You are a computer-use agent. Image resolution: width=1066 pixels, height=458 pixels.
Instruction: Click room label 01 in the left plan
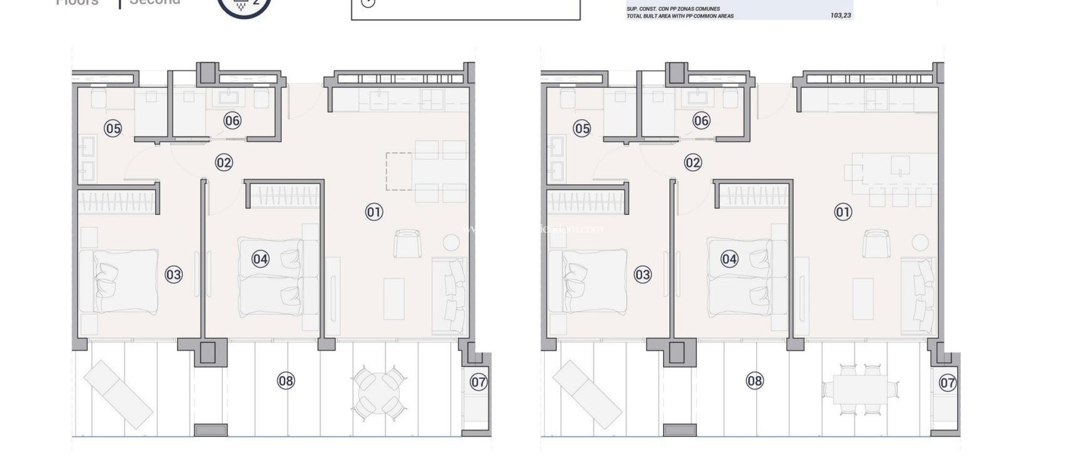[x=374, y=212]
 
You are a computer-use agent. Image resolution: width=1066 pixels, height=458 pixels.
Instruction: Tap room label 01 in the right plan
[x=843, y=212]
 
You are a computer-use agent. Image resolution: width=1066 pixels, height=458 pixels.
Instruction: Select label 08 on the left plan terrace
[x=286, y=381]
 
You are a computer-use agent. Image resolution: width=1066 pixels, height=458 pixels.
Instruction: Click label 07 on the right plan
[x=947, y=383]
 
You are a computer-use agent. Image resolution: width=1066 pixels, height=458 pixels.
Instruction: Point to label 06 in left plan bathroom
[x=232, y=121]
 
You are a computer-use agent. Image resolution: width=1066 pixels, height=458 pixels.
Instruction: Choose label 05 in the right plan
[x=582, y=128]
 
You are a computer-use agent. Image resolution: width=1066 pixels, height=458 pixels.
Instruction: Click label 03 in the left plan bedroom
[x=173, y=274]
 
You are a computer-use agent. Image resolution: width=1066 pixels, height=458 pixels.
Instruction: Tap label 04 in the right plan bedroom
[x=729, y=259]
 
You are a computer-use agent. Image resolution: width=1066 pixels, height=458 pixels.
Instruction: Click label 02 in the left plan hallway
[x=224, y=162]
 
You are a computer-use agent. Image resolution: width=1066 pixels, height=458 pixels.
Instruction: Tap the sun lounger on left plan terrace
[x=118, y=395]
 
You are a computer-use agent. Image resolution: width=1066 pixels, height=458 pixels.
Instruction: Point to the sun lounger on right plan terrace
[x=587, y=395]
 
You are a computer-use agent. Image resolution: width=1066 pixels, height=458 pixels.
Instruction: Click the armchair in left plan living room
[x=407, y=244]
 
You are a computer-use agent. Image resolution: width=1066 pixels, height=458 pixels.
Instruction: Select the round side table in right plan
[x=920, y=242]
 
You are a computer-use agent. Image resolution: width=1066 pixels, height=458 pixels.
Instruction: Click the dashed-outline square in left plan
[x=399, y=171]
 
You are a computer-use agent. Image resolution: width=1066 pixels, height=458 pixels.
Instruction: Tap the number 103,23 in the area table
[x=841, y=16]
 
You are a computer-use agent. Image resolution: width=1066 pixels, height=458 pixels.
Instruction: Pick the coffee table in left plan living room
[x=394, y=299]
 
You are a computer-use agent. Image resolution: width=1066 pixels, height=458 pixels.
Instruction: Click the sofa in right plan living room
[x=920, y=295]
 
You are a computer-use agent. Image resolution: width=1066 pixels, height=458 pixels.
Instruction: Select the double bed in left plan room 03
[x=125, y=282]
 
